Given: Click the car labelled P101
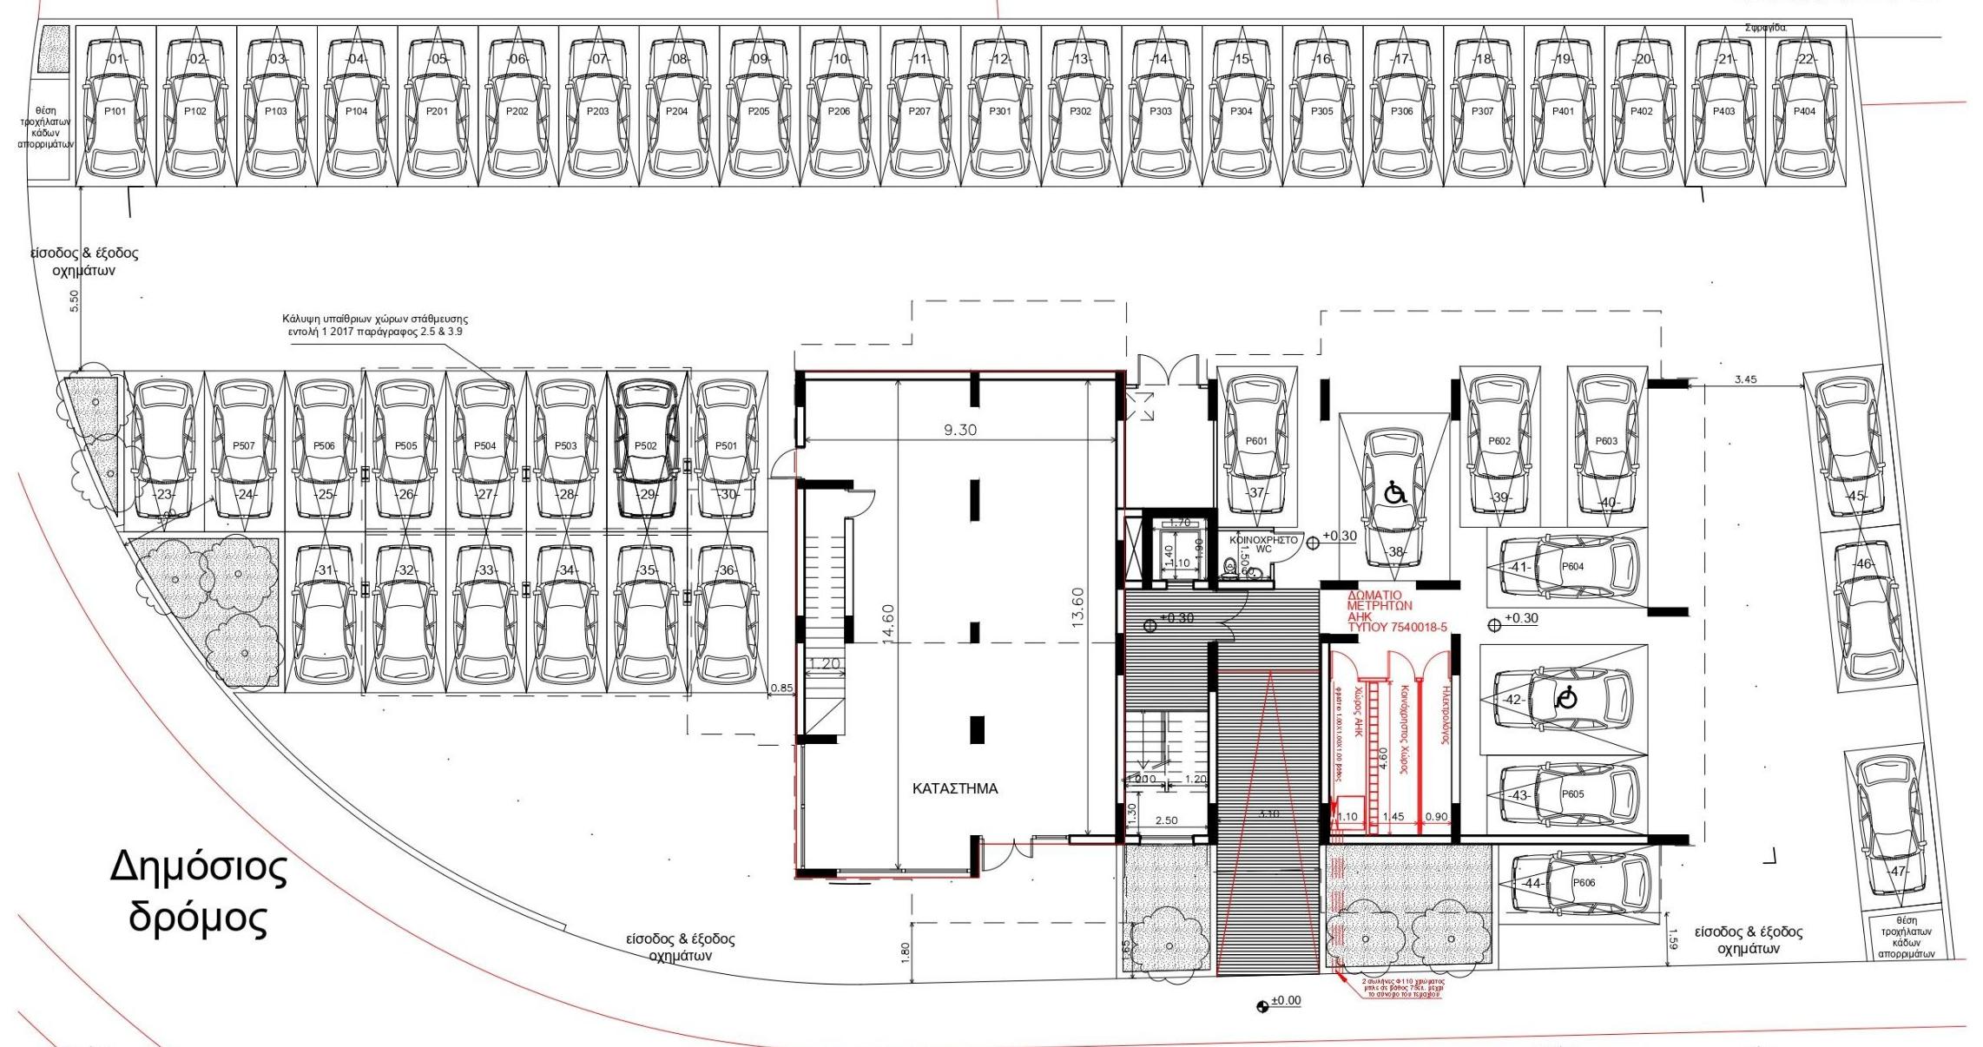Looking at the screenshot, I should pos(115,111).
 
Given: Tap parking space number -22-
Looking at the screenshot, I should pos(1804,59).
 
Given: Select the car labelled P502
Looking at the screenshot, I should pos(645,445).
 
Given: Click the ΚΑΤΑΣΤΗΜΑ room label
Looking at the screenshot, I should pos(955,788).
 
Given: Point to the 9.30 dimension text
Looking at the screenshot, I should pos(959,430).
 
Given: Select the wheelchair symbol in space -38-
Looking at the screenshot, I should pos(1394,494).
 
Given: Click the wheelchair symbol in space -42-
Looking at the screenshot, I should pos(1565,697).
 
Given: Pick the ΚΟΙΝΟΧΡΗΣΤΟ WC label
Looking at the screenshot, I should pos(1263,544).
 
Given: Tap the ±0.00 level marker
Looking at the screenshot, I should pos(1285,1001).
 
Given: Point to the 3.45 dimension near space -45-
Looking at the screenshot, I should pos(1745,379).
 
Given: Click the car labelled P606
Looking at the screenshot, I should pos(1584,882).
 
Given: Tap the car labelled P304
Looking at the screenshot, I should pos(1241,111).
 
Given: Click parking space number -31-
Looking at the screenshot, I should pos(325,570).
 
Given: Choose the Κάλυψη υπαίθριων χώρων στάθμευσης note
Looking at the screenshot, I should pos(375,325).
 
